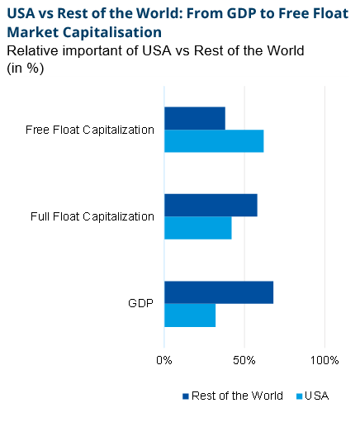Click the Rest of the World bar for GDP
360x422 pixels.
click(x=219, y=292)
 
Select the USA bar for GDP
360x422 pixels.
click(x=190, y=315)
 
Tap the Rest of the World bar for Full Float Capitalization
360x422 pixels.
click(x=211, y=205)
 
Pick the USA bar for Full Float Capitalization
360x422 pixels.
click(x=198, y=228)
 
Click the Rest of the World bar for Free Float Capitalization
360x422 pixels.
click(x=195, y=118)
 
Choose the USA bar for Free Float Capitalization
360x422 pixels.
click(x=214, y=141)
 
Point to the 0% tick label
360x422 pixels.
click(x=164, y=360)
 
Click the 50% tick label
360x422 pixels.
click(x=244, y=360)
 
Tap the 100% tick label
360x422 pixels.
click(x=324, y=360)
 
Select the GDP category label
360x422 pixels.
click(x=141, y=304)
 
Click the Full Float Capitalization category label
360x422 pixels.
click(x=92, y=216)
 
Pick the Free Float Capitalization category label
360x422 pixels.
click(x=90, y=130)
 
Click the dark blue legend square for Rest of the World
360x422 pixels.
click(x=185, y=396)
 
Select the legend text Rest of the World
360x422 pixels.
click(x=237, y=396)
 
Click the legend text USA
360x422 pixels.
click(x=317, y=396)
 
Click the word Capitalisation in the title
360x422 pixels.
click(x=109, y=32)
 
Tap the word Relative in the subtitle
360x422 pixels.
click(x=31, y=50)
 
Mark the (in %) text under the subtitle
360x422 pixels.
click(x=25, y=68)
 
